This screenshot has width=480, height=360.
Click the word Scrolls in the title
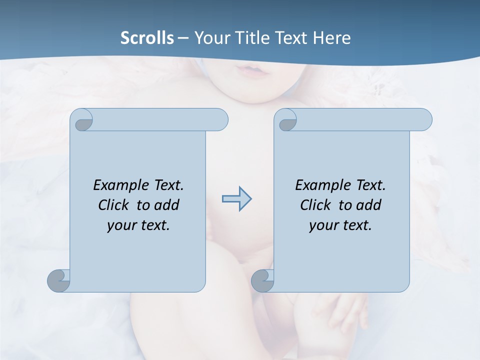147,38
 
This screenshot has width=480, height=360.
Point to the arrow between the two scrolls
237,199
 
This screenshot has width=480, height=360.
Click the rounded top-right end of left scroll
220,119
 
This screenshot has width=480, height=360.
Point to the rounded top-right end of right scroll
424,119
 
